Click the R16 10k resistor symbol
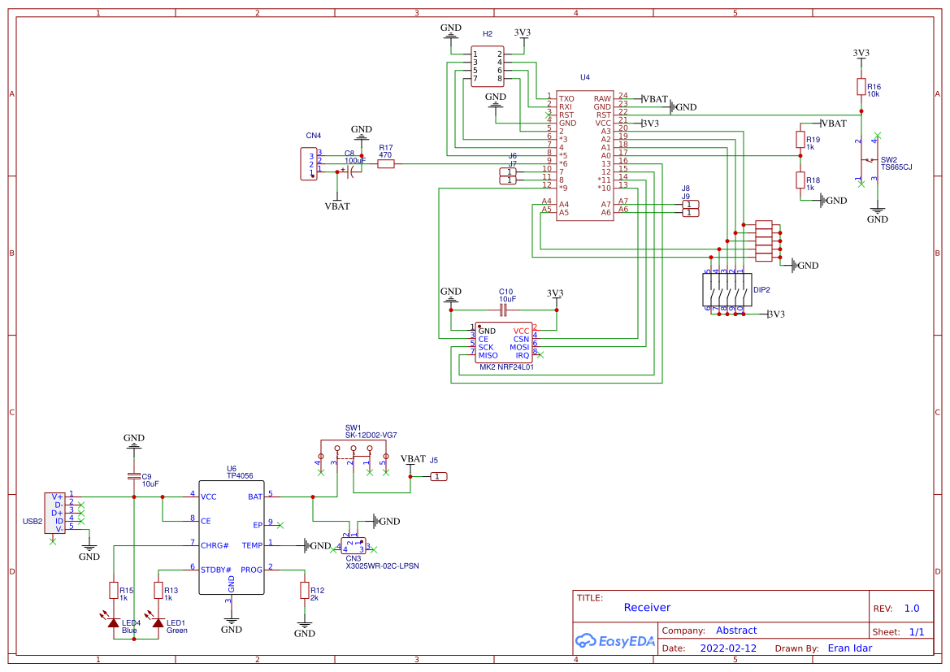[861, 87]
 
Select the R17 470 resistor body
[386, 163]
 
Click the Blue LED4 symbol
[114, 622]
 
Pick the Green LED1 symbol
[158, 622]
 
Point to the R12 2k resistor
[305, 591]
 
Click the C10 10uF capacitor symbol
[504, 310]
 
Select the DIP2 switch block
[725, 290]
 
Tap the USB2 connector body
[55, 513]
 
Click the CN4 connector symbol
[308, 163]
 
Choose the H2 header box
[488, 67]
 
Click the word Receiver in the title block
[647, 607]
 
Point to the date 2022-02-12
[728, 648]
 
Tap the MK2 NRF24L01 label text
[507, 367]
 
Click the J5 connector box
[439, 476]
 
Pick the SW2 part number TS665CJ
[896, 167]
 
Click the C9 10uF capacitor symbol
[134, 475]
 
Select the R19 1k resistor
[800, 140]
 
